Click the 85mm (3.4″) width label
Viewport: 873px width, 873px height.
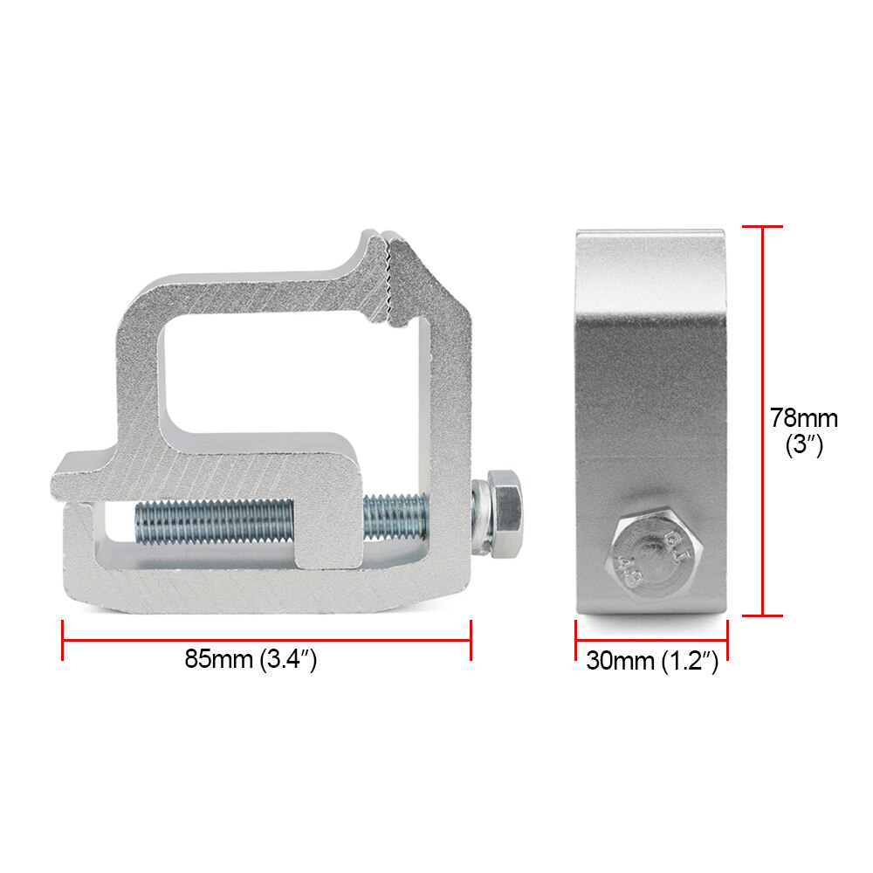[250, 660]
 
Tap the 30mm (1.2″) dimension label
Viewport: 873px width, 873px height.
[651, 661]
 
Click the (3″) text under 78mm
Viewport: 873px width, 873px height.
[803, 445]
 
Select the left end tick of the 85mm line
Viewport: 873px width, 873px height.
[63, 640]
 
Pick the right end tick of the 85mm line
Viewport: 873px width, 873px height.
[471, 640]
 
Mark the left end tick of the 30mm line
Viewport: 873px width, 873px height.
[575, 641]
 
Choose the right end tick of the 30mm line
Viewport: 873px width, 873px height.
[727, 641]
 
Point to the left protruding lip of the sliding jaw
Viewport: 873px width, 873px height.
[83, 471]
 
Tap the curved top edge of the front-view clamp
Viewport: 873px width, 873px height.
[650, 234]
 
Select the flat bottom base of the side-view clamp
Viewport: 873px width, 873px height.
[650, 608]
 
